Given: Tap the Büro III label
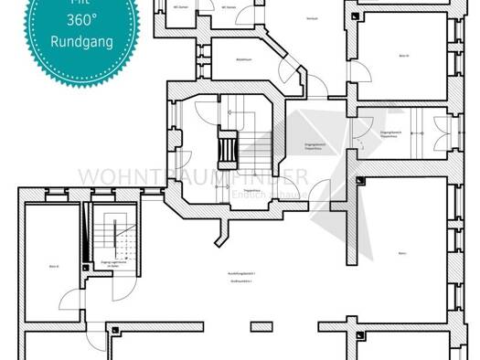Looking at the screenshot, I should (403, 55).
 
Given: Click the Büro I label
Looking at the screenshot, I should (402, 253).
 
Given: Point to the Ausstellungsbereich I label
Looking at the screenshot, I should (241, 273).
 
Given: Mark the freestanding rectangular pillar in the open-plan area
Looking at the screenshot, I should (261, 324).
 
